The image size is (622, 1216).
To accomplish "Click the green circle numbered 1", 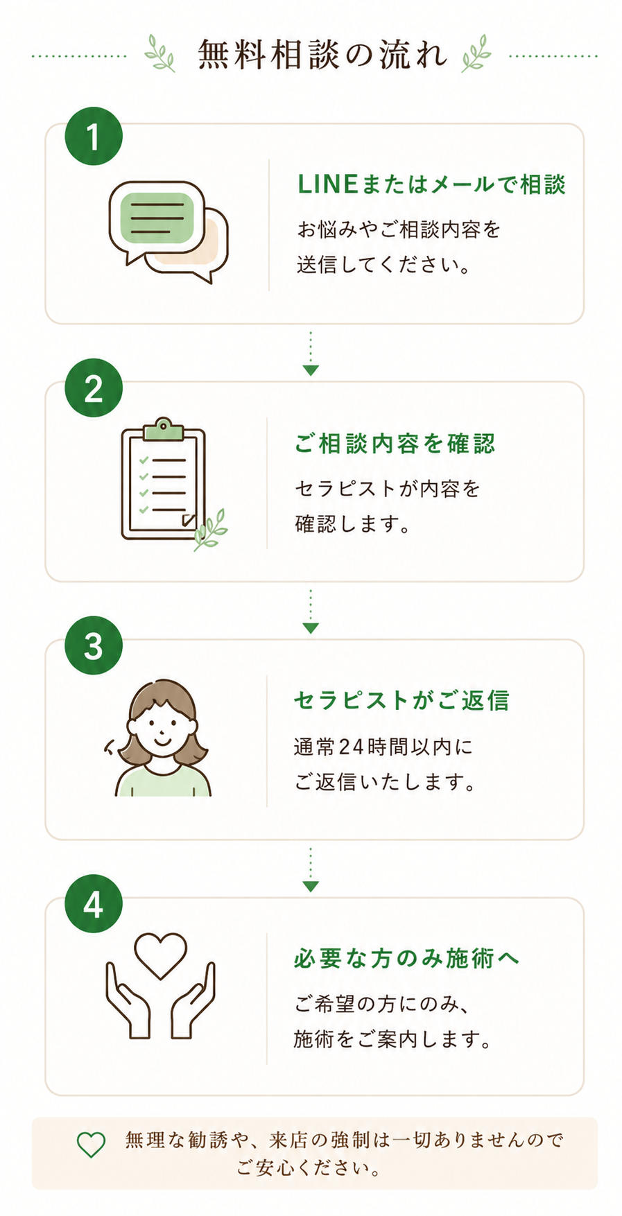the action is (x=94, y=136).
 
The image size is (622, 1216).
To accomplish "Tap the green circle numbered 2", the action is (x=94, y=388).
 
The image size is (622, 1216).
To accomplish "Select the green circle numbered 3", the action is (x=94, y=645).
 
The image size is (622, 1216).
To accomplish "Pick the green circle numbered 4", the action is (x=94, y=903).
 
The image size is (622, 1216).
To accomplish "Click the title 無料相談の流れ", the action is (x=322, y=54).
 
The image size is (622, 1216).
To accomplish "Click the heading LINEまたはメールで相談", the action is (x=431, y=184).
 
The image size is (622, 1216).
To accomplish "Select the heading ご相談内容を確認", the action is (x=395, y=443).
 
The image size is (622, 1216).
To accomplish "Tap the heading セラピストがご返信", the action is (x=401, y=700).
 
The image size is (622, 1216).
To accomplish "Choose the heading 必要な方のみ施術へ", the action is (x=406, y=958).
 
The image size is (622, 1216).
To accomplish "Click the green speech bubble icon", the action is (x=157, y=218).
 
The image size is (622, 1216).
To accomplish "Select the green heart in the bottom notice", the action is (x=91, y=1145).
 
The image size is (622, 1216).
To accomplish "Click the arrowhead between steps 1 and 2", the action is (x=311, y=370).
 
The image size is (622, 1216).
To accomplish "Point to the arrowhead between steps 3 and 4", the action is (x=311, y=886).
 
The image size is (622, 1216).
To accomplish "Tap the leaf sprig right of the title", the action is (x=476, y=53).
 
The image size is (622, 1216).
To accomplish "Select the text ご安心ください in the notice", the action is (x=309, y=1168).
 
